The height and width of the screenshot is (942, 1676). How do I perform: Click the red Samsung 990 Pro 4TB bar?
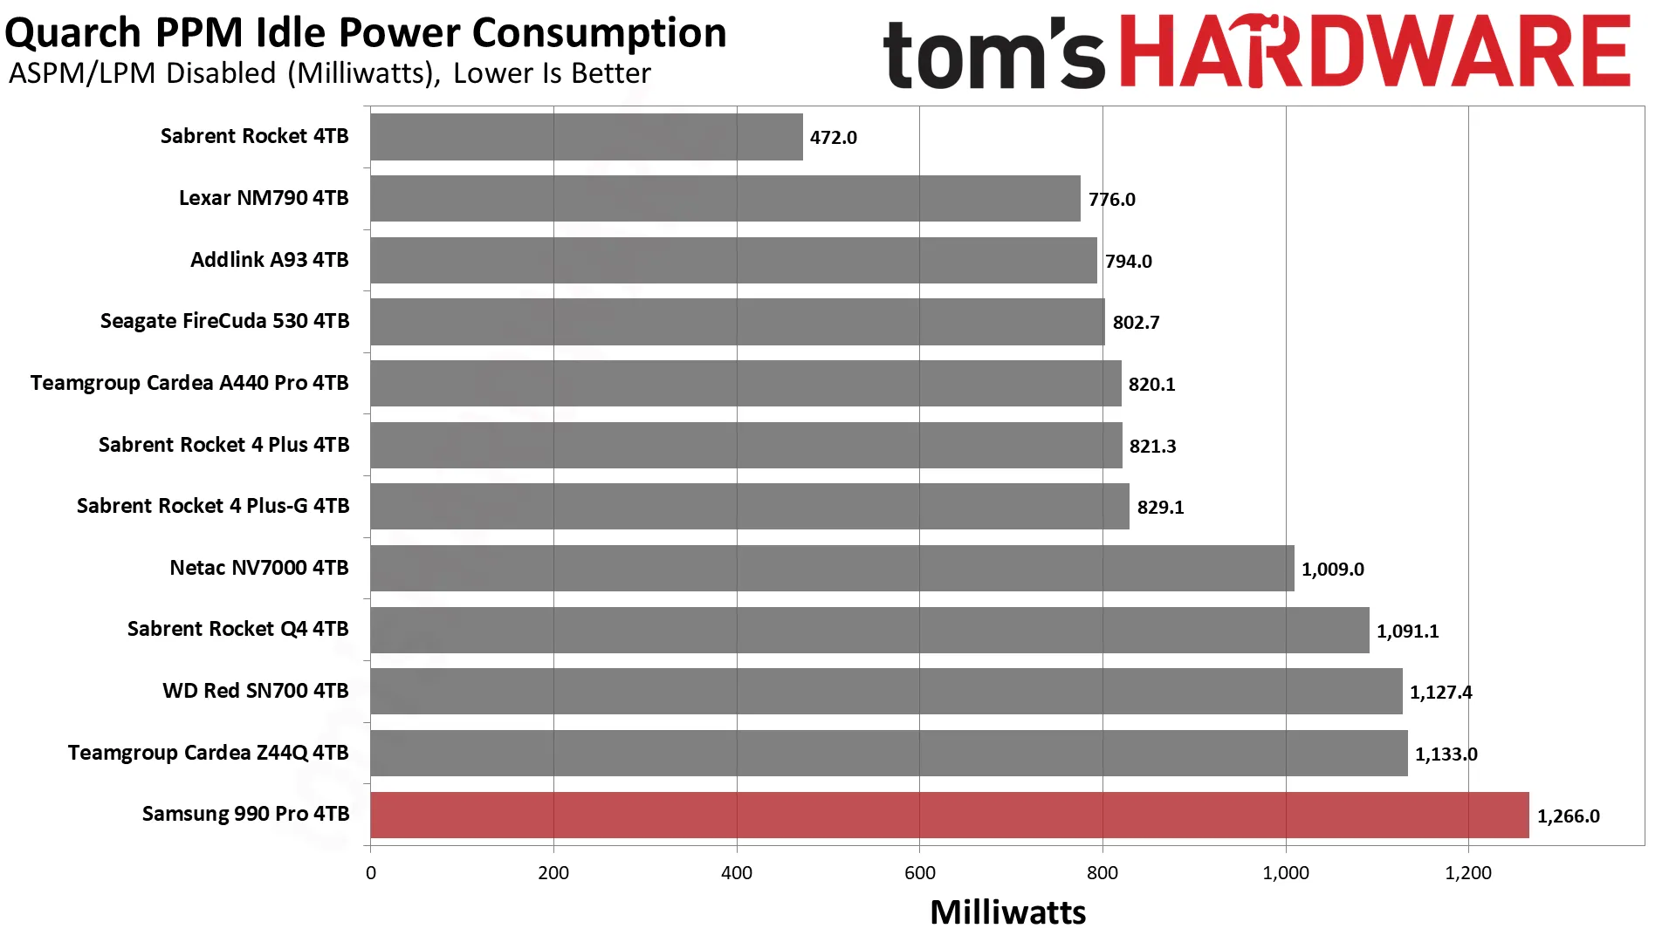[x=950, y=815]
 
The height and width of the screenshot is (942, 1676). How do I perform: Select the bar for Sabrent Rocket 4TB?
[x=587, y=137]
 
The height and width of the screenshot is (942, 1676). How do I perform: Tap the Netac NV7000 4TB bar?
[x=833, y=569]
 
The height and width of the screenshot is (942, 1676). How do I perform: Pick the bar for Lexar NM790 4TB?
[x=725, y=199]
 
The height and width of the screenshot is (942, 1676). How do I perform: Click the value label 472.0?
[x=834, y=138]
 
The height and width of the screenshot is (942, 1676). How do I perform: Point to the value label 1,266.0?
[x=1569, y=816]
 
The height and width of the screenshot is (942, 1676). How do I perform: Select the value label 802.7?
[x=1136, y=323]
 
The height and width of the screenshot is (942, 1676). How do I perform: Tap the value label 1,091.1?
[x=1408, y=631]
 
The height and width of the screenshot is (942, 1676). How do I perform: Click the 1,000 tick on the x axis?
[x=1286, y=873]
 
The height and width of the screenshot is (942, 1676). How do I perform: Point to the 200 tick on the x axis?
[x=553, y=873]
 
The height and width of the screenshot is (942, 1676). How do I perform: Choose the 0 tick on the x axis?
[x=371, y=873]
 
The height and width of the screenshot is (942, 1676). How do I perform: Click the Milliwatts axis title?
[x=1008, y=912]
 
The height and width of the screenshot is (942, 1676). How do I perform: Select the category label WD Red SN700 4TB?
[x=256, y=691]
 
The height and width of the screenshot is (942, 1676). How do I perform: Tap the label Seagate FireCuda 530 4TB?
[x=224, y=321]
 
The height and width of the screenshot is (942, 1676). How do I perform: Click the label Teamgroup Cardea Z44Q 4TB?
[x=209, y=753]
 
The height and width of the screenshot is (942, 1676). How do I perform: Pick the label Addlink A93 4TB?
[x=270, y=260]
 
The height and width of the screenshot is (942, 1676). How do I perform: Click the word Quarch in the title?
[x=73, y=33]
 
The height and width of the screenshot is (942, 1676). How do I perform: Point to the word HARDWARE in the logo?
[x=1375, y=51]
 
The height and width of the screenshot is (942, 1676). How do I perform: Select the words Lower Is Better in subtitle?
[x=552, y=73]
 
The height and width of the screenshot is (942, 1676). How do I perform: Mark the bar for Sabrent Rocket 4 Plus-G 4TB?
[x=750, y=507]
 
